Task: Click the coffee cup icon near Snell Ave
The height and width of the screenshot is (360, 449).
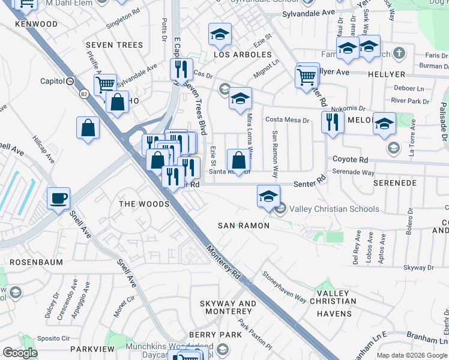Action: click(59, 198)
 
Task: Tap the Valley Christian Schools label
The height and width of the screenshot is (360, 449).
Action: click(334, 209)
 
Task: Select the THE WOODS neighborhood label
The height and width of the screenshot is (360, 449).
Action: click(144, 204)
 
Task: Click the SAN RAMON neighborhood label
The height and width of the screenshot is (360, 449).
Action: click(244, 226)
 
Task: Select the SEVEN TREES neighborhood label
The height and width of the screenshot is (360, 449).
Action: click(115, 45)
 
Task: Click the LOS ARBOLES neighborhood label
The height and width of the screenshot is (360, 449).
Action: click(243, 55)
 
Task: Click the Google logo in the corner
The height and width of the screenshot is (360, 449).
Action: click(20, 353)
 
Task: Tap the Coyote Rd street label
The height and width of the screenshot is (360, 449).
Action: click(351, 160)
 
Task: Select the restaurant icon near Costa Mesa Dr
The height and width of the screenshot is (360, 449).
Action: click(331, 122)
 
